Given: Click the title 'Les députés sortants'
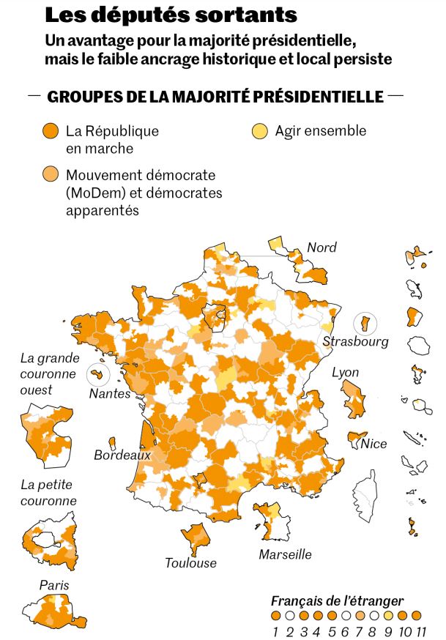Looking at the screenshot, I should pyautogui.click(x=171, y=15).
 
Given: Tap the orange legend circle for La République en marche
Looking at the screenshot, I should pyautogui.click(x=51, y=132).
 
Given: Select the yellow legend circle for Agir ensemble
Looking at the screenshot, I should pyautogui.click(x=260, y=132).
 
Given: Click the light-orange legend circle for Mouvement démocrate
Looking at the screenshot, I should pyautogui.click(x=51, y=175).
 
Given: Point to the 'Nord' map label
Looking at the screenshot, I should pyautogui.click(x=322, y=248).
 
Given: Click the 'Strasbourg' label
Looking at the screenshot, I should pyautogui.click(x=355, y=342).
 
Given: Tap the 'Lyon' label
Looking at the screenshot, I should pyautogui.click(x=346, y=372).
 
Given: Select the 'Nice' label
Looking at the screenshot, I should pyautogui.click(x=373, y=443).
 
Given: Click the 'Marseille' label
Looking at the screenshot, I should pyautogui.click(x=285, y=554).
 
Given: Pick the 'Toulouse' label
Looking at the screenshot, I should pyautogui.click(x=190, y=563).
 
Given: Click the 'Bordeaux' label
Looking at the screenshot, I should pyautogui.click(x=122, y=455).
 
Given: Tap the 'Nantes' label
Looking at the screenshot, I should pyautogui.click(x=109, y=394).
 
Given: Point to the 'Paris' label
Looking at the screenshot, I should pyautogui.click(x=54, y=586).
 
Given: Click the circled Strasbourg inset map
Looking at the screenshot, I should pyautogui.click(x=364, y=322).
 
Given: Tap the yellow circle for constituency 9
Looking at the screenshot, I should pyautogui.click(x=389, y=616).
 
